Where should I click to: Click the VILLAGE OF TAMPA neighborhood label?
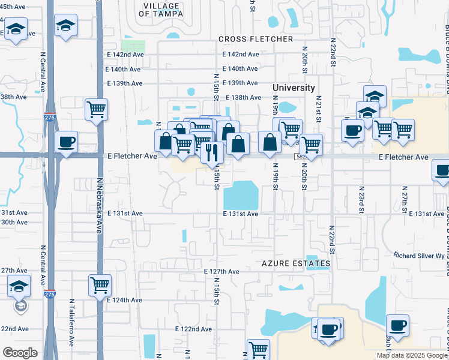click(161, 10)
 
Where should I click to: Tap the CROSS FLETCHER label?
click(256, 39)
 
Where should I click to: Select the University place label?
click(294, 88)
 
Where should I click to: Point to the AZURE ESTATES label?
click(296, 263)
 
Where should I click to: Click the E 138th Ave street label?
click(243, 97)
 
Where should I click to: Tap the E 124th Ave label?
click(124, 300)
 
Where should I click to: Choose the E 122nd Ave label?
click(193, 329)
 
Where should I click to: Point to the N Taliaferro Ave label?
click(71, 323)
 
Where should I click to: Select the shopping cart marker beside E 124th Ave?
click(100, 284)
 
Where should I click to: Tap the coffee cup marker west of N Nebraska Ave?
click(66, 142)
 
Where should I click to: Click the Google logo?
click(20, 353)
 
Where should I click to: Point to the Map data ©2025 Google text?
click(411, 355)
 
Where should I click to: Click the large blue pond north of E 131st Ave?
click(241, 195)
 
